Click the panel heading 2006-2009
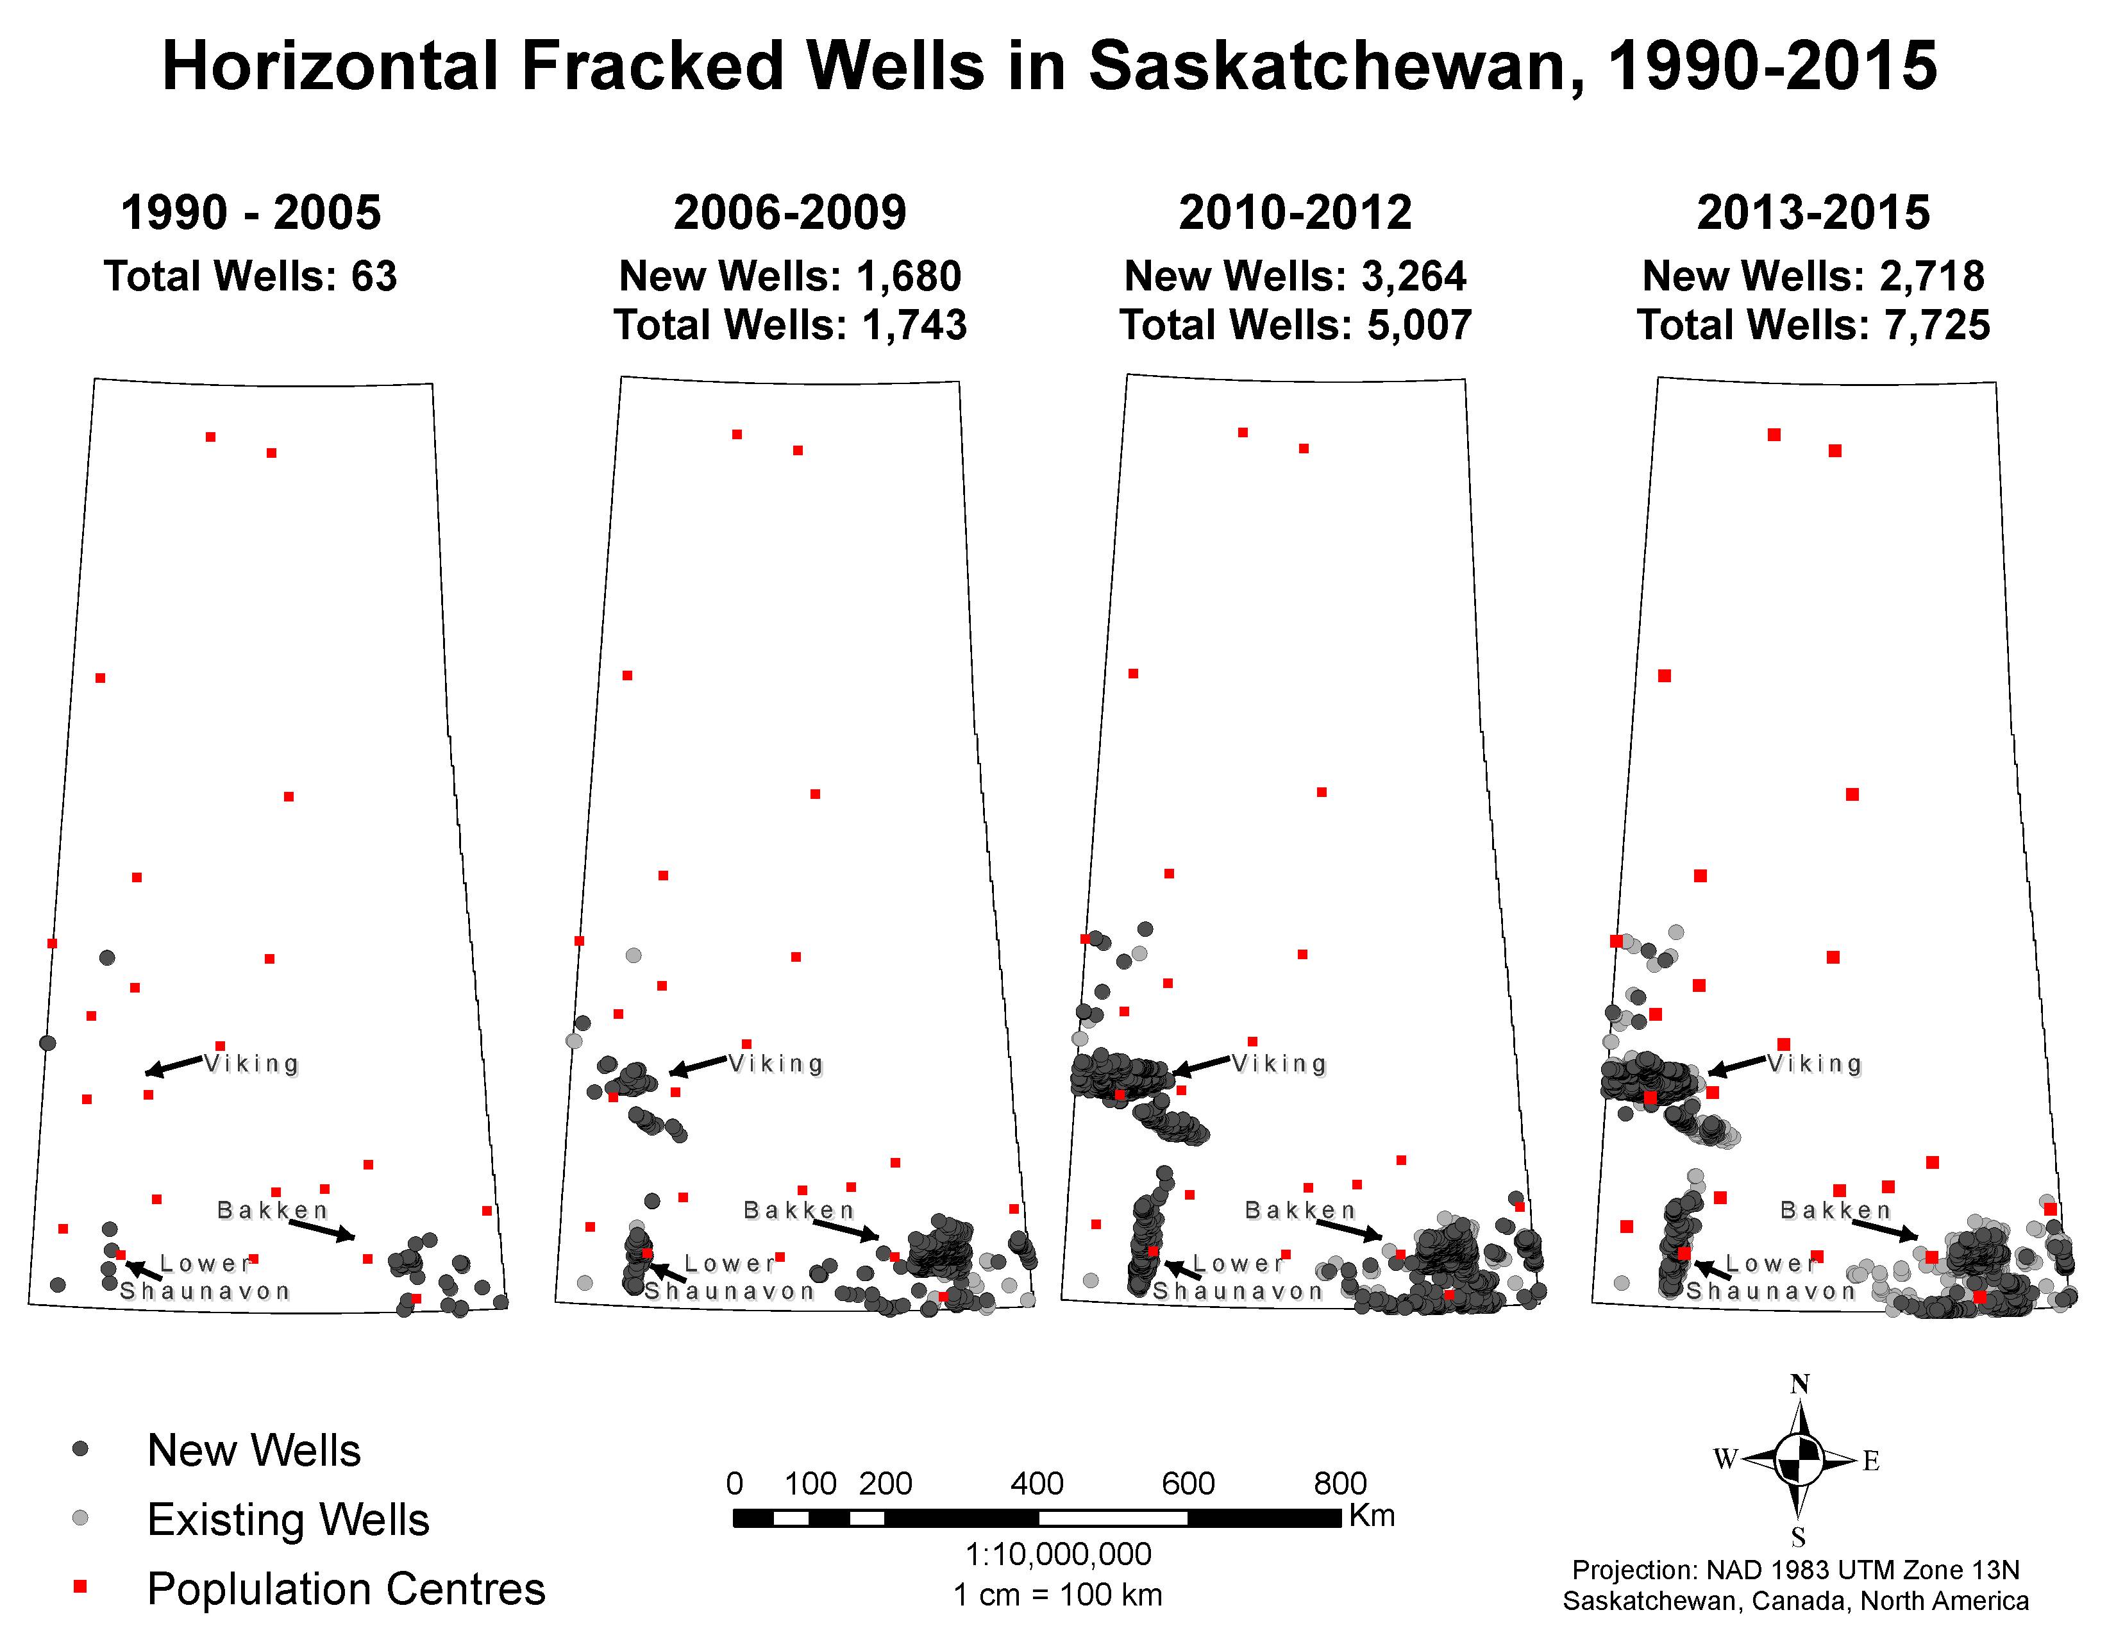pyautogui.click(x=789, y=213)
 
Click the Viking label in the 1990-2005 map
pyautogui.click(x=252, y=1064)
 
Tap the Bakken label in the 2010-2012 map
pyautogui.click(x=1300, y=1210)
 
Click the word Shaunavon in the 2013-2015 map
pyautogui.click(x=1771, y=1291)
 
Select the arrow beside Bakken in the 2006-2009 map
pyautogui.click(x=846, y=1229)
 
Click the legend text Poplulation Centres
pyautogui.click(x=346, y=1588)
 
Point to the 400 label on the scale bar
pyautogui.click(x=1037, y=1483)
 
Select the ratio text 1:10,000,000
pyautogui.click(x=1058, y=1555)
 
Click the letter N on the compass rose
pyautogui.click(x=1799, y=1384)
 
